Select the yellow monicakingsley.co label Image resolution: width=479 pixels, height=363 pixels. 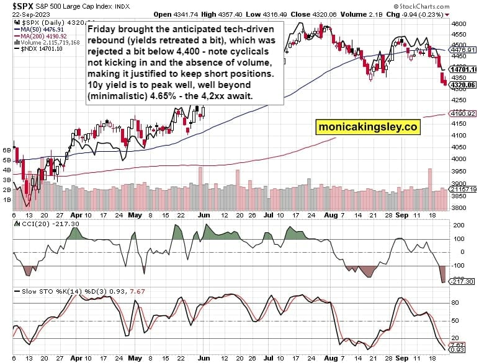[x=367, y=126]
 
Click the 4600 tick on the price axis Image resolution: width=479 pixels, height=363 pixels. [x=459, y=23]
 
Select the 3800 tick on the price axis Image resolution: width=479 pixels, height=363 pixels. [x=459, y=208]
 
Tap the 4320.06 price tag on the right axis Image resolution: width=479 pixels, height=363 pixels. [x=463, y=85]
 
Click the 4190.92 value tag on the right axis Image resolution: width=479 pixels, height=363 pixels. [x=463, y=114]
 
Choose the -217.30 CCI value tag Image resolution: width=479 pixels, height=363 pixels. [x=463, y=281]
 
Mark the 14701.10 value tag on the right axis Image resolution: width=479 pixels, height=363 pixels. [x=463, y=70]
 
